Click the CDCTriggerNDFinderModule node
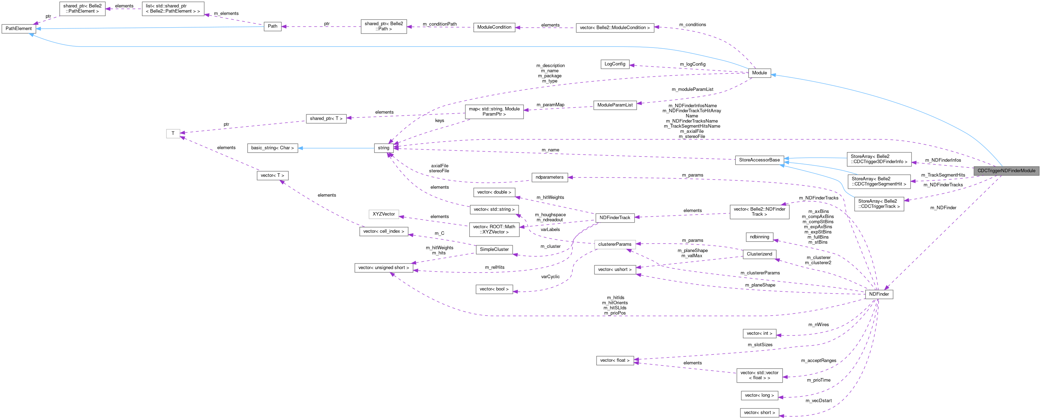click(1006, 171)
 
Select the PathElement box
click(19, 29)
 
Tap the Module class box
click(759, 73)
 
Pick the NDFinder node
click(879, 294)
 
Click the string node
click(384, 148)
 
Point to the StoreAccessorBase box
click(759, 160)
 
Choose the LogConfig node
click(615, 64)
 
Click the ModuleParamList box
click(615, 105)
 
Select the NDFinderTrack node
click(615, 218)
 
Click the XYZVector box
click(384, 214)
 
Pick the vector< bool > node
click(494, 289)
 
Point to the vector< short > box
click(759, 413)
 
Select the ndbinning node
click(759, 237)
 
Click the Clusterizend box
click(759, 254)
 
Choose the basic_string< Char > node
click(272, 148)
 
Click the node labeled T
click(173, 133)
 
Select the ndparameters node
click(549, 178)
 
